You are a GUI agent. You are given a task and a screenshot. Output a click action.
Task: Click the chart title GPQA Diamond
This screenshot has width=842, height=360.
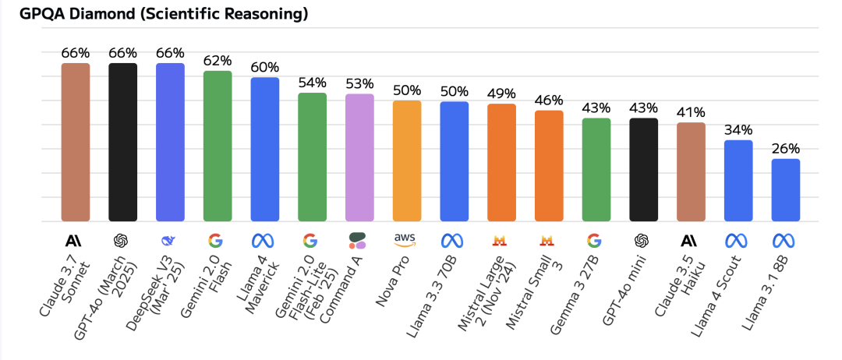tap(164, 14)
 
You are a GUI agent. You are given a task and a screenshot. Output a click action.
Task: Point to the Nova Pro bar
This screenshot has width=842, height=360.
tap(407, 161)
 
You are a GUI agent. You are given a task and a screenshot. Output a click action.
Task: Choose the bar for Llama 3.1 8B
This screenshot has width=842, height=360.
tap(786, 190)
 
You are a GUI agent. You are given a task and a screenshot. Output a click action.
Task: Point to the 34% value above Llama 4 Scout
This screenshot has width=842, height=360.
tap(738, 130)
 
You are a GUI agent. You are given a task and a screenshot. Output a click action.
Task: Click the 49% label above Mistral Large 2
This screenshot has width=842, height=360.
tap(501, 94)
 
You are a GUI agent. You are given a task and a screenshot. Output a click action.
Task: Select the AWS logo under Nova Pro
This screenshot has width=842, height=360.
tap(407, 240)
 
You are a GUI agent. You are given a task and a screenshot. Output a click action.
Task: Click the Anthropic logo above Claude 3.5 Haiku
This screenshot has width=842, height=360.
tap(691, 240)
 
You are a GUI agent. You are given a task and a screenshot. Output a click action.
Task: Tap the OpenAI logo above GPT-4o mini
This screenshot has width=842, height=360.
tap(643, 240)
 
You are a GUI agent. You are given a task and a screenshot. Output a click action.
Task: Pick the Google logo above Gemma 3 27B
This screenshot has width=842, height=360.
tap(596, 240)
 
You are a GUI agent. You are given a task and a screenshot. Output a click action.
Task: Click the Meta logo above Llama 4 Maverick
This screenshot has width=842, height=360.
tap(265, 240)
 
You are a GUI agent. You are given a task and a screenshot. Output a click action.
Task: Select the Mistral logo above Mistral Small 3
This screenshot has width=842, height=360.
tap(549, 240)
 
